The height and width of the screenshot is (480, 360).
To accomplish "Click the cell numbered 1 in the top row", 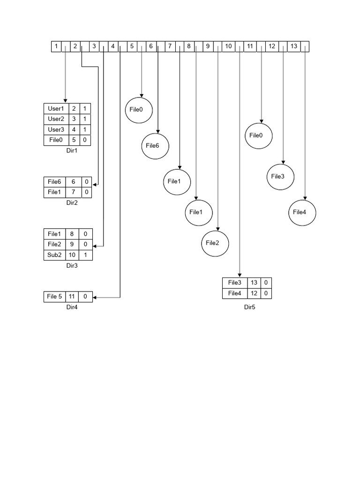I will click(56, 46).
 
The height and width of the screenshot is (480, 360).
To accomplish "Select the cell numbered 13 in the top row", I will click(293, 46).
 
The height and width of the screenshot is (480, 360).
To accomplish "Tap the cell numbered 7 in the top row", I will click(170, 46).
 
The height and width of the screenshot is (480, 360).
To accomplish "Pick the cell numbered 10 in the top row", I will click(228, 46).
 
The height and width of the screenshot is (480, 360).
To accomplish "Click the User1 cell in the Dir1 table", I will click(56, 108).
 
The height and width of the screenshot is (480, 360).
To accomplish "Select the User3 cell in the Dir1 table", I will click(56, 129).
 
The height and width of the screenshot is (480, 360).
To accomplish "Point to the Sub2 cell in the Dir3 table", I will click(54, 255).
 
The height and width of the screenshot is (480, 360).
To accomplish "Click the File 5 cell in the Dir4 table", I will click(54, 296).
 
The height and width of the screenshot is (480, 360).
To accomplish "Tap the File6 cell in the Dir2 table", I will click(55, 181).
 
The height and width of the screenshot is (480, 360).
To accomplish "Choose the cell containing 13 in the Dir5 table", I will click(254, 283).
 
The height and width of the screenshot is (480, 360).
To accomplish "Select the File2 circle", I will click(215, 243).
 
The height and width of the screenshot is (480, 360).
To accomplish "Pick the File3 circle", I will click(280, 177).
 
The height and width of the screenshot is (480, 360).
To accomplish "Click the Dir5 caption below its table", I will click(249, 307).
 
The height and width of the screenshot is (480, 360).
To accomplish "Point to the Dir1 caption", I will click(72, 152).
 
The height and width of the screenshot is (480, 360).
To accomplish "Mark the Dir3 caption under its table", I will click(72, 266).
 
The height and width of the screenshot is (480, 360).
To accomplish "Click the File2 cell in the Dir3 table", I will click(54, 244).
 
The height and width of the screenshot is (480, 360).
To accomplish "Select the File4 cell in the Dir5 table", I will click(234, 293).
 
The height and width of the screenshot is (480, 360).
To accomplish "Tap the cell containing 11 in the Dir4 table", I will click(73, 296).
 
